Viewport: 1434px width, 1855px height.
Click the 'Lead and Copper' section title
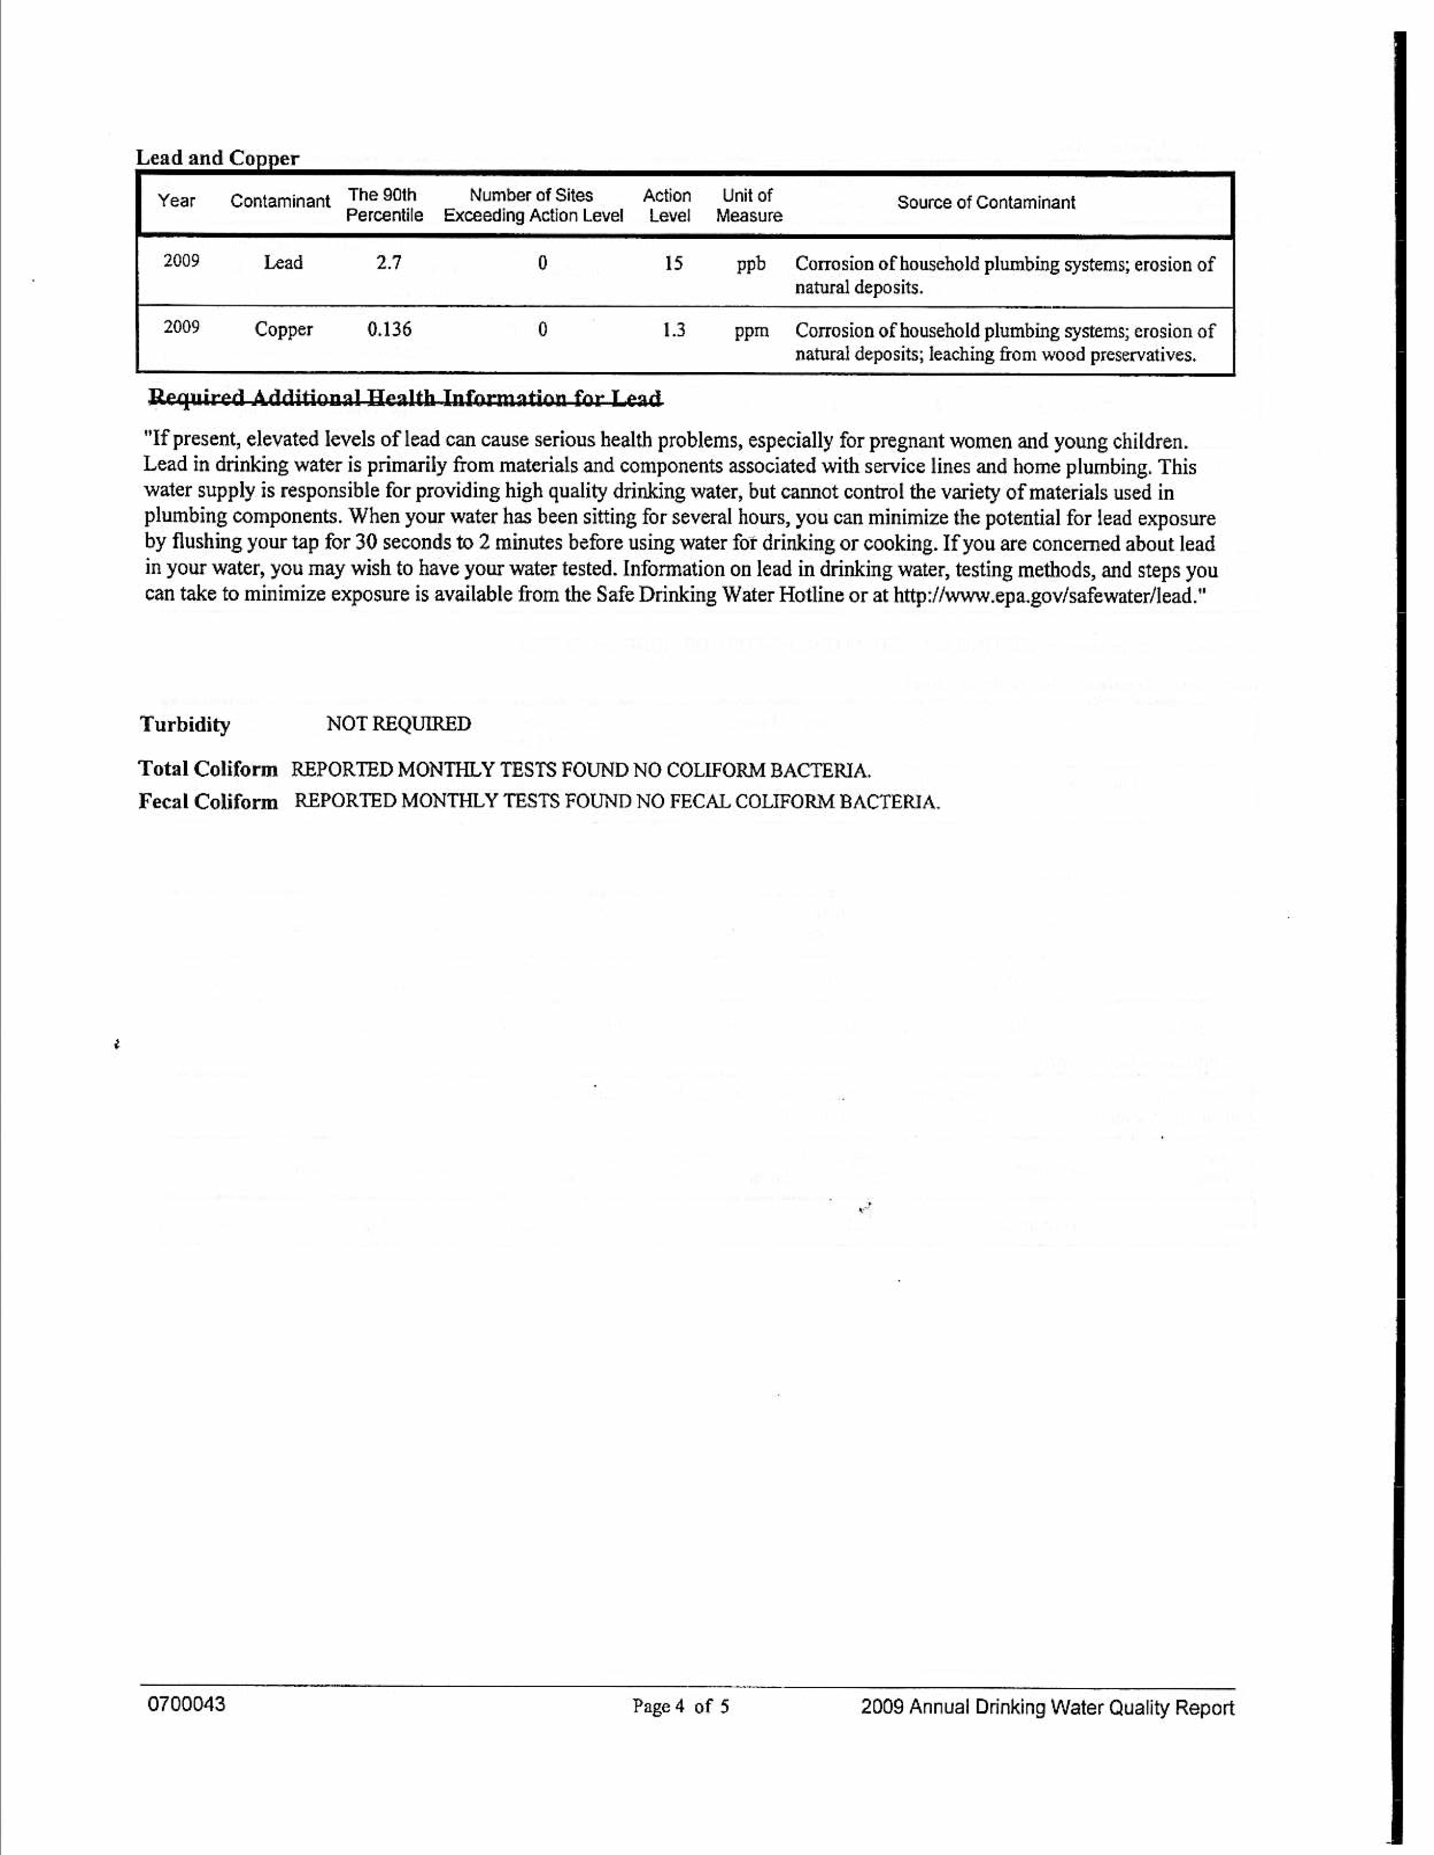pyautogui.click(x=218, y=158)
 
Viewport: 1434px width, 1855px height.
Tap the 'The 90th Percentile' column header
pyautogui.click(x=384, y=206)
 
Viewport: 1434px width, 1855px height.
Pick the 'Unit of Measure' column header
pyautogui.click(x=748, y=206)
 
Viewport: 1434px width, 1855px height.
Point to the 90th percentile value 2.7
pyautogui.click(x=389, y=263)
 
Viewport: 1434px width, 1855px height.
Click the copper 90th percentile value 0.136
pyautogui.click(x=389, y=329)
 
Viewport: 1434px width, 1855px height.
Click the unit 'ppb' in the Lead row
pyautogui.click(x=751, y=264)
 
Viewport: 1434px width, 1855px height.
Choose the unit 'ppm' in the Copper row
pyautogui.click(x=751, y=331)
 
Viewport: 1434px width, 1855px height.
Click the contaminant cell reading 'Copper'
pyautogui.click(x=284, y=329)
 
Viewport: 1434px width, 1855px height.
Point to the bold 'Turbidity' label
pyautogui.click(x=184, y=725)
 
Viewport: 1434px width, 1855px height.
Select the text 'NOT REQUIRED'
pyautogui.click(x=399, y=723)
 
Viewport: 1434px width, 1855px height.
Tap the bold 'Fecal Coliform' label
pyautogui.click(x=208, y=802)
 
